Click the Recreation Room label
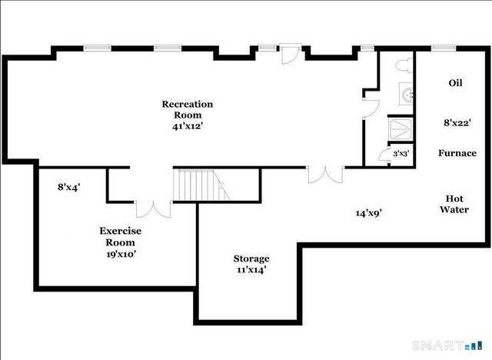[x=187, y=109]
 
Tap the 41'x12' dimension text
[x=187, y=127]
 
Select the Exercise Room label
[x=121, y=236]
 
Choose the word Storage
[x=251, y=258]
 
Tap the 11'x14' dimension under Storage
[x=251, y=270]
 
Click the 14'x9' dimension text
[x=369, y=213]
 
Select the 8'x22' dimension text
[x=457, y=122]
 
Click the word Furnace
[x=457, y=153]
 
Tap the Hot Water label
[x=454, y=203]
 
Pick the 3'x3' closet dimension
[x=401, y=154]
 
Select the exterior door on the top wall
[x=290, y=55]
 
